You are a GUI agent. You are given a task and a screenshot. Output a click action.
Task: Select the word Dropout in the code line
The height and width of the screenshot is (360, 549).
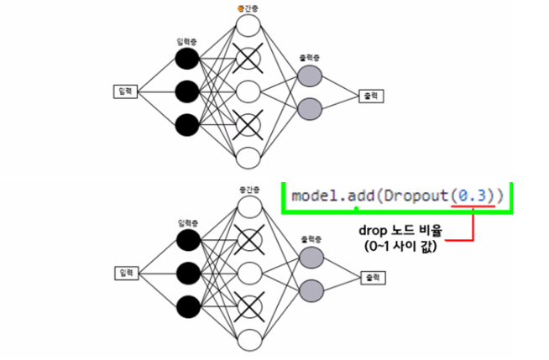[x=413, y=196]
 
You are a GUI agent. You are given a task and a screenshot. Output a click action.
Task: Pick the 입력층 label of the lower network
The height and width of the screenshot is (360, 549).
[x=187, y=223]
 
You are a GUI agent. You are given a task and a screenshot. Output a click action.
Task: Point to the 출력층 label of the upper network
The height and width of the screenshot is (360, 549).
[x=309, y=59]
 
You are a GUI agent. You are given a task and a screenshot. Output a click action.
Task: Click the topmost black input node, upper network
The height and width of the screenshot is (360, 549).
[x=186, y=58]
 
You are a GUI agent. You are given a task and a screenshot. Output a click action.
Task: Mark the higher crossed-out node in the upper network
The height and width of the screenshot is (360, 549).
[x=248, y=58]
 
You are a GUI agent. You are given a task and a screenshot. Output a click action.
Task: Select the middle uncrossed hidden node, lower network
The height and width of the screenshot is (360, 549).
[x=248, y=272]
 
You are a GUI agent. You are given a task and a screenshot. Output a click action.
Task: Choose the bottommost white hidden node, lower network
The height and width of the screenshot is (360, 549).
[x=248, y=340]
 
